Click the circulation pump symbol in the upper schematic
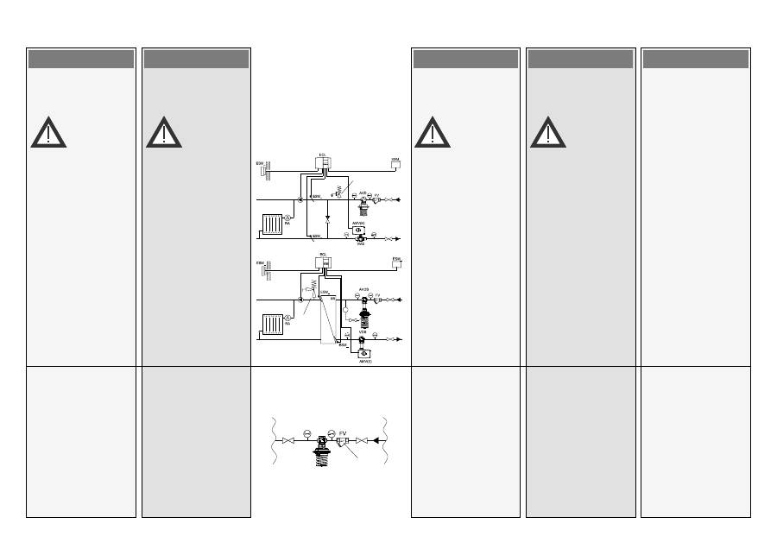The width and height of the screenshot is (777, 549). click(300, 199)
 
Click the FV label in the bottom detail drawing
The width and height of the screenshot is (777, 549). click(343, 432)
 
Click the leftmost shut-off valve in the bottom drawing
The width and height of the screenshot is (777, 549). click(288, 441)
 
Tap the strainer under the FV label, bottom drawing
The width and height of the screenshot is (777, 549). click(343, 444)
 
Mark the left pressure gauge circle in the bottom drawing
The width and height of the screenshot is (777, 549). click(306, 432)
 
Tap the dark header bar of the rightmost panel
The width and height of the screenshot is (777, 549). click(695, 59)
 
